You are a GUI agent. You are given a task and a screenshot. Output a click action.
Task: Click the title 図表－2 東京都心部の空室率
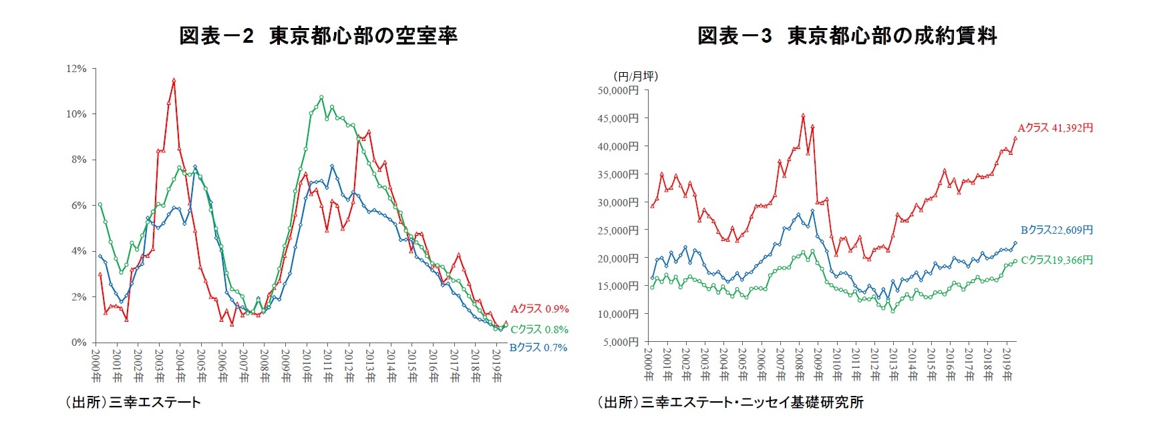[x=318, y=35]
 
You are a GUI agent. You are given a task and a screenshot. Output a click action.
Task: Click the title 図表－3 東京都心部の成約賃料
[x=847, y=35]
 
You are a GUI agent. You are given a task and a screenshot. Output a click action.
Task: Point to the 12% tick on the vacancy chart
[x=76, y=69]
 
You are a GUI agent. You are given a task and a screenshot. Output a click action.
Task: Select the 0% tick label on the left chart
[x=79, y=343]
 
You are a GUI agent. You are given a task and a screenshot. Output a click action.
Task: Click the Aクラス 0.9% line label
[x=539, y=308]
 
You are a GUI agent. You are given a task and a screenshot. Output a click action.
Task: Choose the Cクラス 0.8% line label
[x=539, y=329]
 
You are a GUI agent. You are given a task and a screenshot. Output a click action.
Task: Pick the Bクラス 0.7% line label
[x=538, y=347]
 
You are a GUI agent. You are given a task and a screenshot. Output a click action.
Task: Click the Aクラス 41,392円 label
[x=1055, y=128]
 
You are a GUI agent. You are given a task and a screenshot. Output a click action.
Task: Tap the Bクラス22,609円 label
[x=1057, y=230]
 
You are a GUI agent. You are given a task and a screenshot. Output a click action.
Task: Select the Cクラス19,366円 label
[x=1057, y=260]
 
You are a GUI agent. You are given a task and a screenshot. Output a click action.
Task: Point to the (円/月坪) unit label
[x=635, y=76]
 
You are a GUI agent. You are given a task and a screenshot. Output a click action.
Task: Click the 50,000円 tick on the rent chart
[x=618, y=90]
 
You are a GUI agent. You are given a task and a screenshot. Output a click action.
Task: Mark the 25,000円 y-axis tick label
[x=618, y=230]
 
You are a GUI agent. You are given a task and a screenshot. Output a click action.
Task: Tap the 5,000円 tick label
[x=621, y=343]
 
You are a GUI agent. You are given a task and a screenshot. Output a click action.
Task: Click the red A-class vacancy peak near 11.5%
[x=174, y=80]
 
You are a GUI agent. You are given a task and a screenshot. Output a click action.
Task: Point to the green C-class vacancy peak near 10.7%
[x=321, y=97]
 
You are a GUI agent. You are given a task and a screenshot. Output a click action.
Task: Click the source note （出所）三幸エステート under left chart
[x=133, y=402]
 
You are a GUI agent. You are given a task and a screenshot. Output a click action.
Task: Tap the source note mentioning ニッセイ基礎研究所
[x=730, y=402]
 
